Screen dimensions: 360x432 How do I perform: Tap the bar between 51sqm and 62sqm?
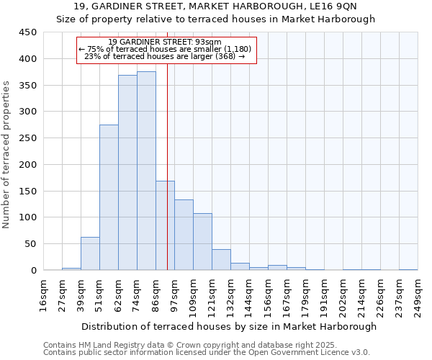pos(109,198)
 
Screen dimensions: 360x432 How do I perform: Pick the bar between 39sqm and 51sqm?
pos(90,253)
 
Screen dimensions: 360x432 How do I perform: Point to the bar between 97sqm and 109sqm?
pos(184,235)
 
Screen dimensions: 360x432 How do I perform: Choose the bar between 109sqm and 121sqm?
pos(202,242)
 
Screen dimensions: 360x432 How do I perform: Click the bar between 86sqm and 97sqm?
pos(165,225)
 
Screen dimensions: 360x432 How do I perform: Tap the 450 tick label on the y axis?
pos(27,32)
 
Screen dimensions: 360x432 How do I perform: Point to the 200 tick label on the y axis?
pos(27,164)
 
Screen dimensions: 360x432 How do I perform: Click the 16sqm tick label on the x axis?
pos(43,294)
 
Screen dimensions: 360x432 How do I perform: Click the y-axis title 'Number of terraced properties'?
pos(7,154)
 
